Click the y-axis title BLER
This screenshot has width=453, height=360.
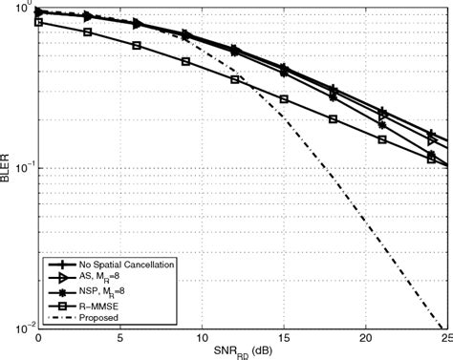9,168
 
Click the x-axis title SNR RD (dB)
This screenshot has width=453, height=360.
243,352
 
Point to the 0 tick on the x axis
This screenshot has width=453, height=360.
38,338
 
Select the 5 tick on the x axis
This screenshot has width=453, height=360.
120,338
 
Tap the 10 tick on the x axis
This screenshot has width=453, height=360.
202,338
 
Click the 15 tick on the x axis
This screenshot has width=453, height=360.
284,338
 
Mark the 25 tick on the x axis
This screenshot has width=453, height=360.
445,338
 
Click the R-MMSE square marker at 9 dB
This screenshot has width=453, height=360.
185,61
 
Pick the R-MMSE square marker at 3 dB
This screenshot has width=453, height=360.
87,32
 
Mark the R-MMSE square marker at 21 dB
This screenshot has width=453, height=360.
382,139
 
